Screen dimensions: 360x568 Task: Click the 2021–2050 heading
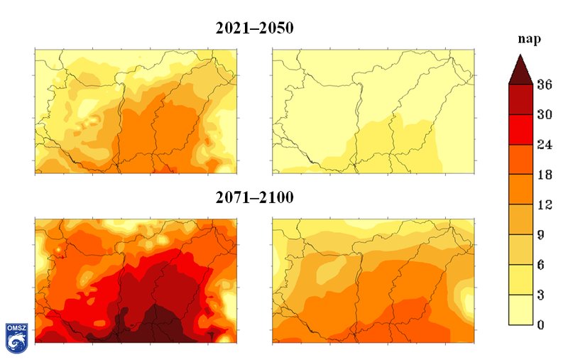click(254, 29)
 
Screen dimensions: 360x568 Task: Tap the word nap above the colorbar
click(529, 38)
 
